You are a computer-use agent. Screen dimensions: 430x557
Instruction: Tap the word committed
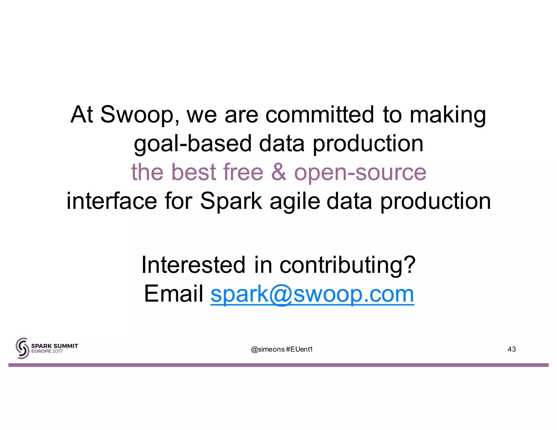coord(320,114)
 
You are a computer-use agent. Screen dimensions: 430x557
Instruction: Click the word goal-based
coord(193,144)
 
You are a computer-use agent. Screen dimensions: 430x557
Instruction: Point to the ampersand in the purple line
coord(278,172)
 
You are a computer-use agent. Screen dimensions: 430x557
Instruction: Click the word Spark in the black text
coord(231,201)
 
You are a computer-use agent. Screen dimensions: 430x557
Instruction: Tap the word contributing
coord(347,265)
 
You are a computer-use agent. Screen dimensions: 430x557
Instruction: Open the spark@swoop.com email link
coord(312,294)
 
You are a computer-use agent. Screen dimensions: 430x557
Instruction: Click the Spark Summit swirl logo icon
coord(22,348)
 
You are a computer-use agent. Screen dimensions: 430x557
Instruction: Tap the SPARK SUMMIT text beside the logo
coord(54,346)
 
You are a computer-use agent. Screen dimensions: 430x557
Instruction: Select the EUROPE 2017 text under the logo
coord(47,351)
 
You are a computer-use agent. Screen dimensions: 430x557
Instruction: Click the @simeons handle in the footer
coord(268,349)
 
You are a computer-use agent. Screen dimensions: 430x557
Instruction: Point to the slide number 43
coord(511,349)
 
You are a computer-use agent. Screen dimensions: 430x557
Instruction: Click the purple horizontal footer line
coord(278,365)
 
